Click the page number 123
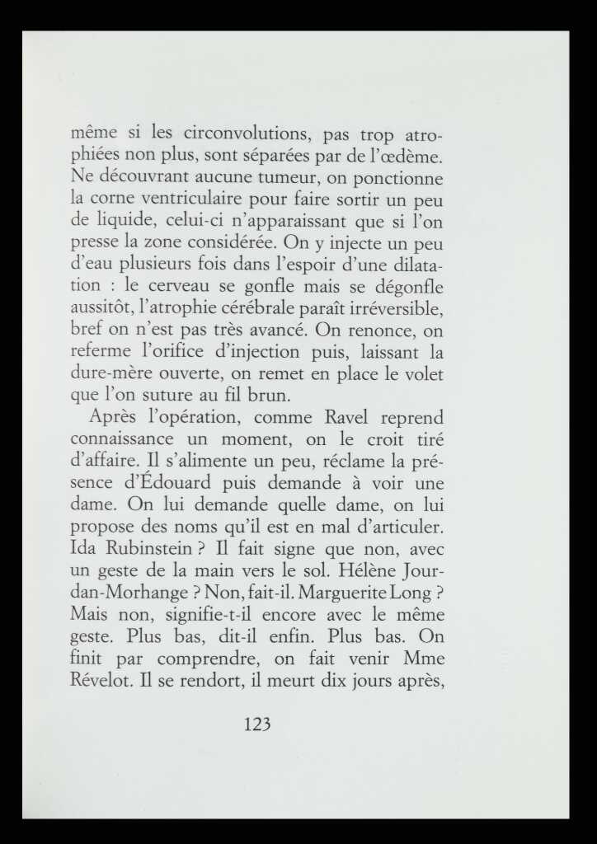258,724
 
